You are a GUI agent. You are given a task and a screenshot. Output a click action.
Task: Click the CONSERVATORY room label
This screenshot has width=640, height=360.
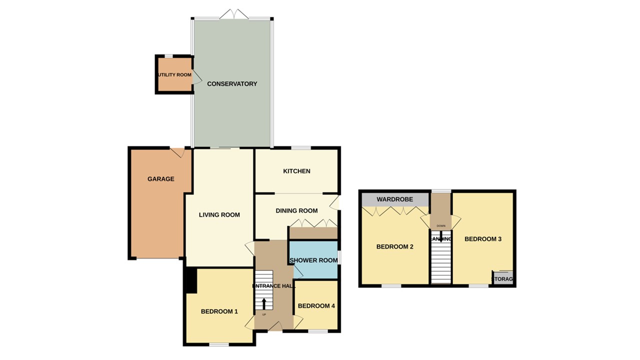[232, 84]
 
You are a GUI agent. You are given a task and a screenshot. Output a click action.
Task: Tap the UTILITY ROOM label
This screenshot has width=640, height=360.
[174, 75]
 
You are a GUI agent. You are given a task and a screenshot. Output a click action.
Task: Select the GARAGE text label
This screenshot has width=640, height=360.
[161, 179]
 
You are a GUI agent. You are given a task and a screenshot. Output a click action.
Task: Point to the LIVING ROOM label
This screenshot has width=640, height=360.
[219, 215]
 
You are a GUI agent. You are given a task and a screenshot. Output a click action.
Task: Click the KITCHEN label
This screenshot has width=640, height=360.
[296, 171]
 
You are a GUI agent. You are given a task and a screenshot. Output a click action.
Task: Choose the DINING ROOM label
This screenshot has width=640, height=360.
[296, 210]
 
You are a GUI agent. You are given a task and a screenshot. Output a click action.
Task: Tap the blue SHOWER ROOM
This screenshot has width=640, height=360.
[314, 260]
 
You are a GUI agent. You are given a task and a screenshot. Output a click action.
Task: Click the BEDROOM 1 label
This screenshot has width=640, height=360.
[219, 311]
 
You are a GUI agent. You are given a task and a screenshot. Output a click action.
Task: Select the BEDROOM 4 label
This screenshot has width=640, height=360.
[316, 306]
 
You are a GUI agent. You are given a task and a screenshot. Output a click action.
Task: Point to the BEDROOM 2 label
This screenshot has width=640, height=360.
[394, 246]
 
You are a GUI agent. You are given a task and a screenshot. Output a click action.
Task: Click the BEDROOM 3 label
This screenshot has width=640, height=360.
[483, 239]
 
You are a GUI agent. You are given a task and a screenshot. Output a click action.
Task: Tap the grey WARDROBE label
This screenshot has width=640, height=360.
[394, 199]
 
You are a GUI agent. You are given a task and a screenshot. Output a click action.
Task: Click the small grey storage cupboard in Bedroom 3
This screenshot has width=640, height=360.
[503, 278]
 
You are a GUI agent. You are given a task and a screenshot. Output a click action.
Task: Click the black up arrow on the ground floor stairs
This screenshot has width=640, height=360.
[264, 303]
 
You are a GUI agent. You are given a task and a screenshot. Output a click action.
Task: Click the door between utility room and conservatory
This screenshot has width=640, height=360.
[196, 76]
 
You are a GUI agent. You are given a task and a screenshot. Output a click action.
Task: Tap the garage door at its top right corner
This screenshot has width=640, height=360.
[178, 152]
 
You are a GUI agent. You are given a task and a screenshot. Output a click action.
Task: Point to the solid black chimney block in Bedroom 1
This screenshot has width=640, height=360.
[190, 280]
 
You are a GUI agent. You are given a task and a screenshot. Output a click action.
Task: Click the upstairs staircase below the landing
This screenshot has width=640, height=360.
[441, 263]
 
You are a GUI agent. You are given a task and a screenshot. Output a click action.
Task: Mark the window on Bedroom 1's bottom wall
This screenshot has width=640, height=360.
[219, 344]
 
